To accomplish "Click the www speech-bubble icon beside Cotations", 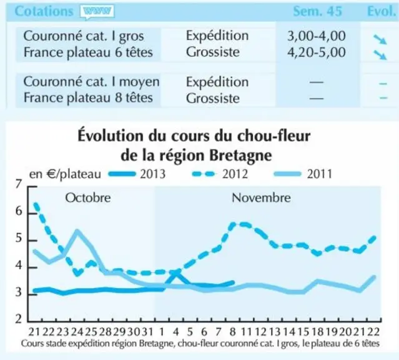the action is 97,12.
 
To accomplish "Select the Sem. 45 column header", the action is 317,11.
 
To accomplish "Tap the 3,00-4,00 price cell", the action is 317,36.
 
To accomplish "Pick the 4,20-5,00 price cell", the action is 317,52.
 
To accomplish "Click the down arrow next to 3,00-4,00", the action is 380,39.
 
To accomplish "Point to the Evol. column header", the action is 382,11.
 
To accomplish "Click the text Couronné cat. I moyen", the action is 91,82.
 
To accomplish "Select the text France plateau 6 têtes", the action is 88,52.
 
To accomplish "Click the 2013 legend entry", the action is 137,174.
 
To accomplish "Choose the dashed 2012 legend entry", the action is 220,174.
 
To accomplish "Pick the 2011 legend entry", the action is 303,174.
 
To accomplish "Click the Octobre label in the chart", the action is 88,197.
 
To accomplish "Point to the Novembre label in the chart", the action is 261,197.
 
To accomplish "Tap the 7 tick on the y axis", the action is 19,184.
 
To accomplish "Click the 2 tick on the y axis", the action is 19,319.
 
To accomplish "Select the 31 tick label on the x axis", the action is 147,332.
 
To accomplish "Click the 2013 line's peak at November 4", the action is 175,273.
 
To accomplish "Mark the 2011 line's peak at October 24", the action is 77,232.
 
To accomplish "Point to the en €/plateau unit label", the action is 66,174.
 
